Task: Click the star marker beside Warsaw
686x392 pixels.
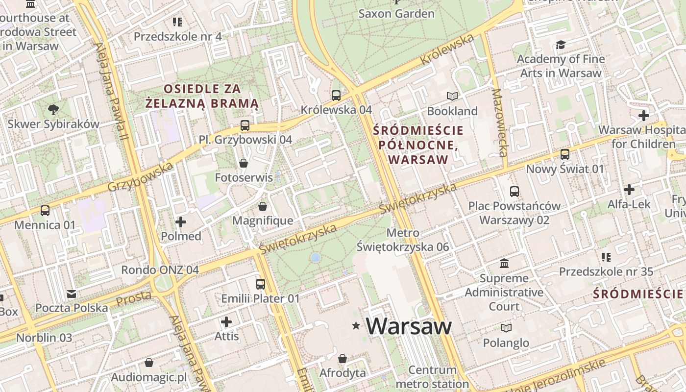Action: pos(356,326)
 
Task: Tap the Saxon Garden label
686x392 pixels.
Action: pos(396,13)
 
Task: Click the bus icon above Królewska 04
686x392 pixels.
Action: pos(336,96)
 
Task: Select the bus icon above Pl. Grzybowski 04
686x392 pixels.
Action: pos(245,125)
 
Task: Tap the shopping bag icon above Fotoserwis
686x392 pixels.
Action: pos(244,163)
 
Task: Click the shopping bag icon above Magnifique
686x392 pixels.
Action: pos(263,206)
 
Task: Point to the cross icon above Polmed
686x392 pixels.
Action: pos(181,222)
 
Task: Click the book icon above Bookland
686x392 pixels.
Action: pos(452,97)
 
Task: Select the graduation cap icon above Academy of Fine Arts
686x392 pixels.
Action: pos(561,45)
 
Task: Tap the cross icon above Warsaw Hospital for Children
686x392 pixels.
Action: pos(644,116)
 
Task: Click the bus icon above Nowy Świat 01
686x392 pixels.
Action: pos(565,154)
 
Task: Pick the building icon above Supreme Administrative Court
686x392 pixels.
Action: pos(504,264)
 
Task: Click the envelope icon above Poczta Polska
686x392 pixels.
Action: pos(72,294)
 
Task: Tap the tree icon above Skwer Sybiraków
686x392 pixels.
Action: pos(53,110)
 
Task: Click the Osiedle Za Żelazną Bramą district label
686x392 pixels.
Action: pos(202,96)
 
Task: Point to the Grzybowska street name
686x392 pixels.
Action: pos(140,177)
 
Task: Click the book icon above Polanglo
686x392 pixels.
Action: pos(506,328)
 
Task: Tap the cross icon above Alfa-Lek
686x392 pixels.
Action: pos(629,190)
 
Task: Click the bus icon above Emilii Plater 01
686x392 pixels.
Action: pos(261,284)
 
